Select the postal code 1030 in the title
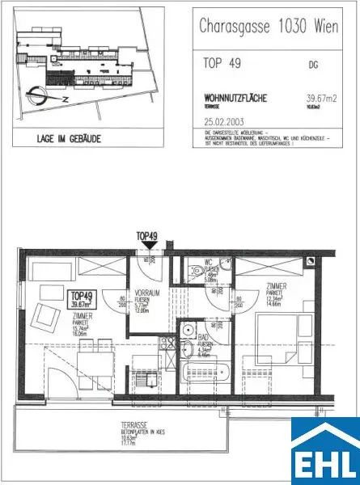296,26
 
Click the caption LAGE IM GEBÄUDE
70,138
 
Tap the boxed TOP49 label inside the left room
84,299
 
